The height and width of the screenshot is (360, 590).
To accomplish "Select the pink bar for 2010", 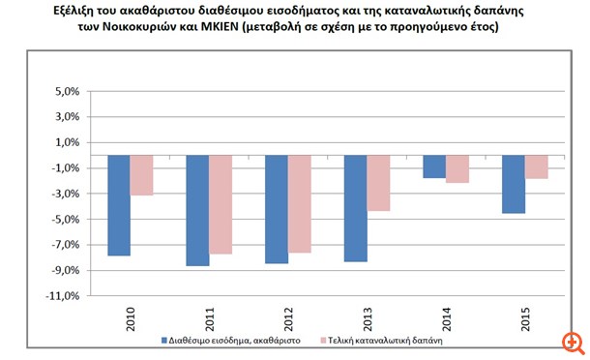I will (x=142, y=175).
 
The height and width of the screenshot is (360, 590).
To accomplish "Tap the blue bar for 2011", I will (x=197, y=210).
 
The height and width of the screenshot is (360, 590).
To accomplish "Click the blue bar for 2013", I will (x=355, y=208).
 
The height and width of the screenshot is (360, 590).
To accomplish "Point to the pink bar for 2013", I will (x=378, y=183).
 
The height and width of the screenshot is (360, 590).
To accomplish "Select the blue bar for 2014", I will (x=434, y=166).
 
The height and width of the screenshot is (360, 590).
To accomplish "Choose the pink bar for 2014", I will (x=457, y=168).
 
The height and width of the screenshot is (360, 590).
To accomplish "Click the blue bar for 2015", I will (x=513, y=184).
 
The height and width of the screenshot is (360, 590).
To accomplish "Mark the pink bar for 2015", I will (x=537, y=166).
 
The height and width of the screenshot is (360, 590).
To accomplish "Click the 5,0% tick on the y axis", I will (x=69, y=93).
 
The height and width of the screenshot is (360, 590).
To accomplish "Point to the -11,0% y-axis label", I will (x=65, y=296).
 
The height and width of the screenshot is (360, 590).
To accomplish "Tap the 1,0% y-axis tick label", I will (x=69, y=143).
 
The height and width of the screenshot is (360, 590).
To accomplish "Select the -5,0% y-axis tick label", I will (x=67, y=220).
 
